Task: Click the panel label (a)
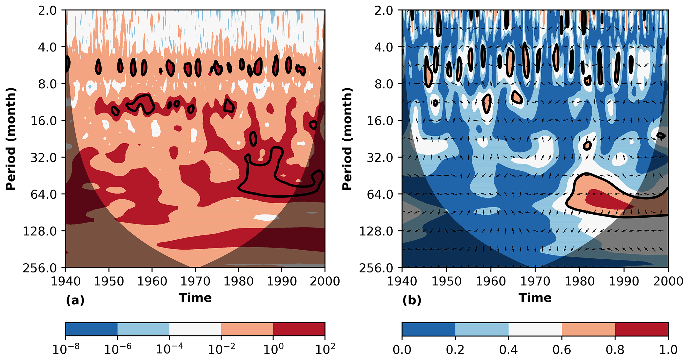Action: click(x=75, y=301)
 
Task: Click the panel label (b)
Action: click(x=412, y=301)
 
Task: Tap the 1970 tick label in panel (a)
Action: click(x=195, y=281)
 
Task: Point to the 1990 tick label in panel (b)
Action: click(x=624, y=281)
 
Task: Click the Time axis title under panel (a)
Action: click(x=195, y=298)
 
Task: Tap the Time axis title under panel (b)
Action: click(x=535, y=298)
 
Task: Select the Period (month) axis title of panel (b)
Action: click(x=347, y=139)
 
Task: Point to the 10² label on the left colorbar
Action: click(x=324, y=349)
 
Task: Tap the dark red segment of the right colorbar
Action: click(x=641, y=329)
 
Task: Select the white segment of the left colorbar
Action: click(x=195, y=329)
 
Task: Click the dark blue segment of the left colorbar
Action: click(x=92, y=329)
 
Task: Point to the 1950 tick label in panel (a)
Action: click(x=109, y=281)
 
